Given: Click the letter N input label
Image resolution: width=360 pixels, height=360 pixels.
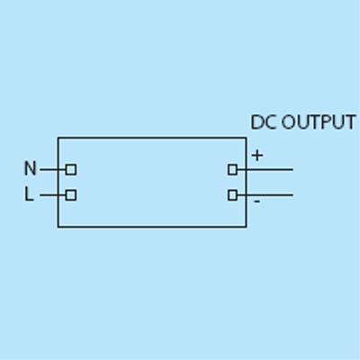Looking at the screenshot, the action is (x=30, y=168).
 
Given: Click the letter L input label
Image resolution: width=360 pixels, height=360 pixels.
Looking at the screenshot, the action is (x=29, y=193).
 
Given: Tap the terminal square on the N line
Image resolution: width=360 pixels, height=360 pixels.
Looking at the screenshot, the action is (x=71, y=170).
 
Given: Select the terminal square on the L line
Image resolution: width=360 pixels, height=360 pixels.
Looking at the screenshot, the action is (x=71, y=195).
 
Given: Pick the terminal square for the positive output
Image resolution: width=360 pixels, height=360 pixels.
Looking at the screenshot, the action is (x=232, y=170).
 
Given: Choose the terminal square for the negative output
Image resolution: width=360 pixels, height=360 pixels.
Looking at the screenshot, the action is (x=232, y=195).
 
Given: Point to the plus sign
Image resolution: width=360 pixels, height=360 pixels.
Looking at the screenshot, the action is (x=257, y=156).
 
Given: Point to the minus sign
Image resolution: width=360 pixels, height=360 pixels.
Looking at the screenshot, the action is (x=256, y=201).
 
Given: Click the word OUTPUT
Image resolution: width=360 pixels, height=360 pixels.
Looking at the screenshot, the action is (x=319, y=122).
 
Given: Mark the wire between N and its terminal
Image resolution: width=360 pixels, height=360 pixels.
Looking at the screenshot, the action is (x=53, y=170).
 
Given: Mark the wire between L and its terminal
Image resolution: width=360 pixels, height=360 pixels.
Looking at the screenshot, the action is (x=53, y=195).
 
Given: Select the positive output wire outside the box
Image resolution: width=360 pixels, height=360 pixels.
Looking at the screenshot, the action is (x=270, y=170).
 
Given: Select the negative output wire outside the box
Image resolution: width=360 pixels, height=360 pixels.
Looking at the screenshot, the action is (x=270, y=195).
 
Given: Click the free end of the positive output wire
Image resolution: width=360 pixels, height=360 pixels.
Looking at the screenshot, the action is (x=292, y=170).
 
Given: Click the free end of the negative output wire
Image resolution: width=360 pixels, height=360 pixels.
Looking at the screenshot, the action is (x=292, y=195).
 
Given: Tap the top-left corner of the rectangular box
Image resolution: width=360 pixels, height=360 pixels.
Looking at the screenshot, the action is (x=58, y=138).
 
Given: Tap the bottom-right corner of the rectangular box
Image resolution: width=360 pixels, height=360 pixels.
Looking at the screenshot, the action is (x=247, y=227).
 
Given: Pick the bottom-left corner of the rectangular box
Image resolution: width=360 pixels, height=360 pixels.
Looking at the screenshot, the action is (x=58, y=227).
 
